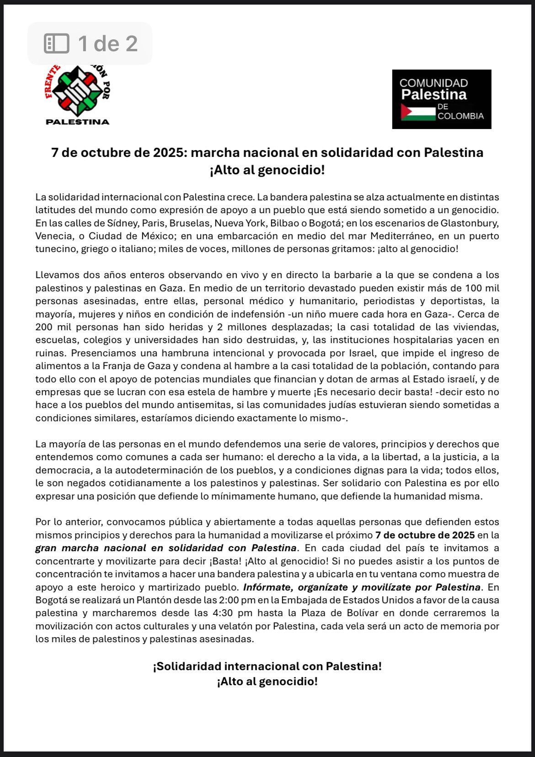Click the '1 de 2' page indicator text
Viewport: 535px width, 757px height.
pyautogui.click(x=107, y=43)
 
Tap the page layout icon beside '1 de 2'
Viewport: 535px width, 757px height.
pyautogui.click(x=56, y=43)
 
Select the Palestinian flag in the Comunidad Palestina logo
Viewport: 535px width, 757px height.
pyautogui.click(x=418, y=112)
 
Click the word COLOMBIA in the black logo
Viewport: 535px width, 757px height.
pyautogui.click(x=460, y=116)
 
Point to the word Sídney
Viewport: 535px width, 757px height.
pyautogui.click(x=121, y=223)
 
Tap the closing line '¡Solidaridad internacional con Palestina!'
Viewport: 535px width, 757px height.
pyautogui.click(x=267, y=666)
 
